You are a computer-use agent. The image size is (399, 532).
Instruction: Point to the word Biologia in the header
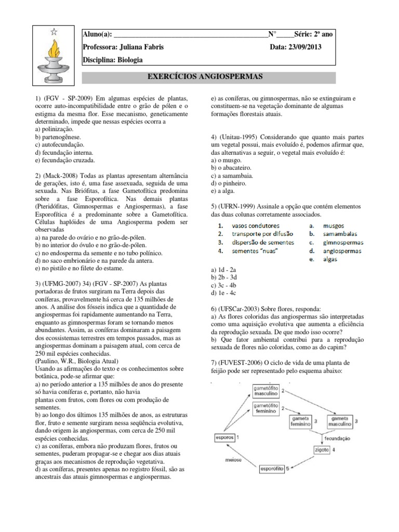click(x=128, y=60)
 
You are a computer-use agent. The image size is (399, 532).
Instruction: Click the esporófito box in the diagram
click(x=273, y=469)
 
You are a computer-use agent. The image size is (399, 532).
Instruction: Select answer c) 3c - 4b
click(x=223, y=285)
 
